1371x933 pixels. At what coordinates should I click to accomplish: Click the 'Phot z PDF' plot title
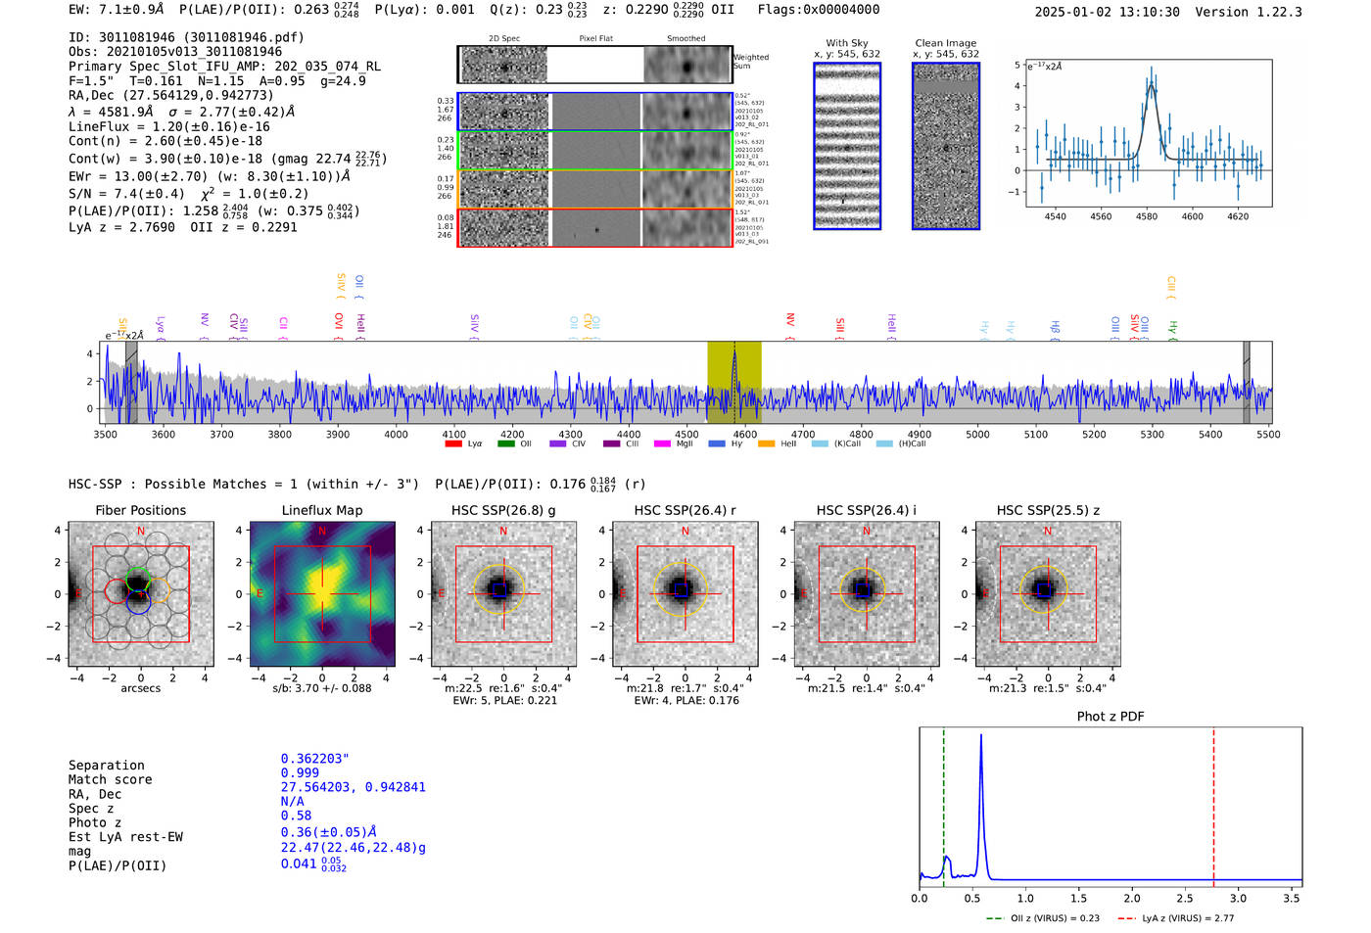[x=1111, y=717]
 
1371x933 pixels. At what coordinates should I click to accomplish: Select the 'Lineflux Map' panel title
[x=322, y=510]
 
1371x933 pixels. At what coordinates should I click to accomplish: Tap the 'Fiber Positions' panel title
[x=140, y=510]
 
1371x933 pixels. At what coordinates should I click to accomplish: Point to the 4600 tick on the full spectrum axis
[x=745, y=434]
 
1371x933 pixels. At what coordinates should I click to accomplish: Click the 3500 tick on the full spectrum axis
[x=105, y=434]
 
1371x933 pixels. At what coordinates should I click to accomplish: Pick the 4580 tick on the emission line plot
[x=1147, y=216]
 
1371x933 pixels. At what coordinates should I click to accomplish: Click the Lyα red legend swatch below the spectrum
[x=453, y=444]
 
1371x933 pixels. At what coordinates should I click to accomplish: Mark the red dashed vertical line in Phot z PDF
[x=1213, y=803]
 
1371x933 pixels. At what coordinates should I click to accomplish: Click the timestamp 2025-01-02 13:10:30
[x=1107, y=13]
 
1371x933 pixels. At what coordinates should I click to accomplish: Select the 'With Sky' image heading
[x=847, y=43]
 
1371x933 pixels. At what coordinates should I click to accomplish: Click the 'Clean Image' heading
[x=946, y=43]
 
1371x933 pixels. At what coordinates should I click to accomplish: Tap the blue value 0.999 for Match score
[x=300, y=773]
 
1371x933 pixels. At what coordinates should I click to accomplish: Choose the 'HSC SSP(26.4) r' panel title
[x=685, y=510]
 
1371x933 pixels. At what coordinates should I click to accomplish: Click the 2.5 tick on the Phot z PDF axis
[x=1185, y=898]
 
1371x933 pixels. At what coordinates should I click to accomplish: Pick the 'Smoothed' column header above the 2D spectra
[x=686, y=39]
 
